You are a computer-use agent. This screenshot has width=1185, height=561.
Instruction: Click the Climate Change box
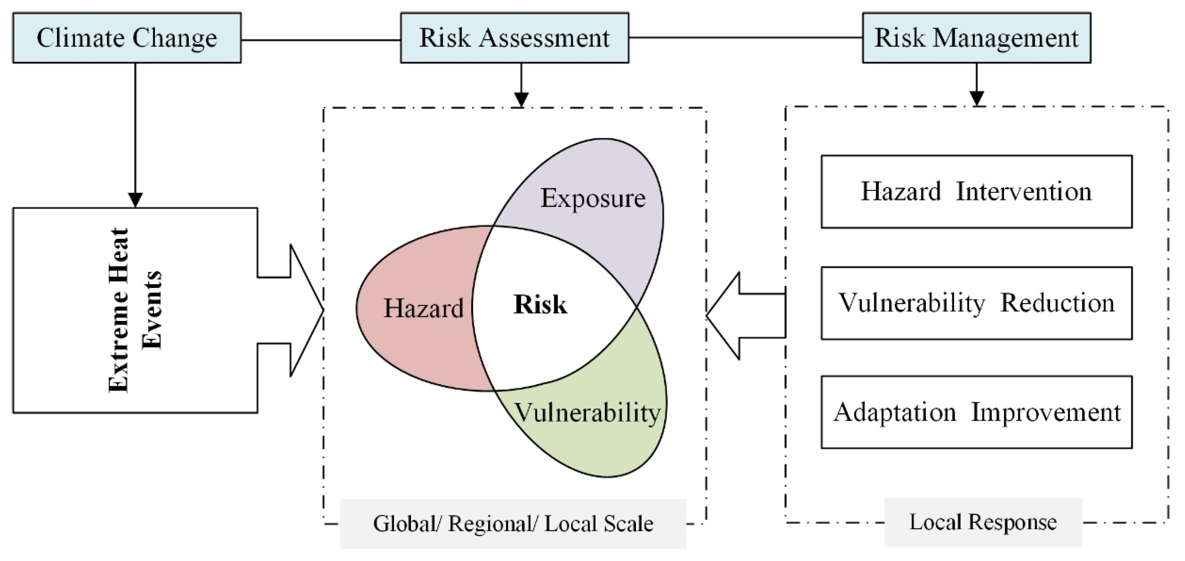tap(127, 38)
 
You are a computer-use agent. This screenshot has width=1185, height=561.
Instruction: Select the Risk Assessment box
tap(514, 38)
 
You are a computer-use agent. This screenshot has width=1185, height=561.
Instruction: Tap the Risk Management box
tap(976, 38)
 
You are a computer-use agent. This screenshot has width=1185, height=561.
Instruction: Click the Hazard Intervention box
tap(976, 192)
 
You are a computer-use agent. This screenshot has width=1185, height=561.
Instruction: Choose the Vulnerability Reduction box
tap(976, 303)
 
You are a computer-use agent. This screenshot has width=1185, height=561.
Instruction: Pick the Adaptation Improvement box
tap(976, 412)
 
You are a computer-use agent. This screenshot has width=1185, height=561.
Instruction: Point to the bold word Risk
tap(540, 305)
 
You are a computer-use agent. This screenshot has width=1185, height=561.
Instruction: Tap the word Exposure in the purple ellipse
tap(592, 199)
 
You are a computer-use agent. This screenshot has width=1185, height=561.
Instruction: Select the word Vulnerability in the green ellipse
tap(587, 412)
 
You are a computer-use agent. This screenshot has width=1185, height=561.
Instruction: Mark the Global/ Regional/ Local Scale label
tap(513, 524)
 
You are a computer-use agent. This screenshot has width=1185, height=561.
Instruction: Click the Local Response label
tap(983, 522)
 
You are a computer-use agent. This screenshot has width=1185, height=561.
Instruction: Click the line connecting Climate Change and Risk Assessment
tap(321, 40)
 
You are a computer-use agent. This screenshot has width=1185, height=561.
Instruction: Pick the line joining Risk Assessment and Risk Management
tap(745, 38)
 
